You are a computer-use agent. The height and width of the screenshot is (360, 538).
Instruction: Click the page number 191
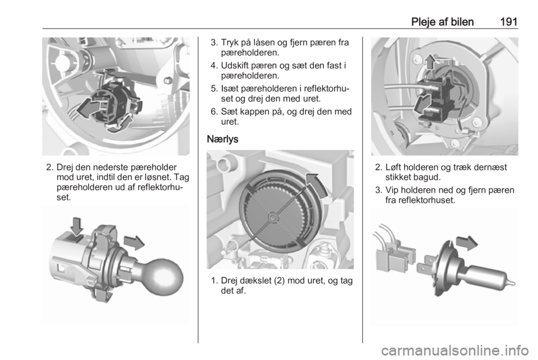click(x=508, y=22)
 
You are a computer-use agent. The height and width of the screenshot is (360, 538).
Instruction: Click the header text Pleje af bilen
click(x=442, y=22)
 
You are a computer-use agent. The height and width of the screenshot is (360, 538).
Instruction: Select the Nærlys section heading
click(x=222, y=139)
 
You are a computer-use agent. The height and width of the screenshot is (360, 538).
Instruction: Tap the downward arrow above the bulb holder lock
click(x=77, y=226)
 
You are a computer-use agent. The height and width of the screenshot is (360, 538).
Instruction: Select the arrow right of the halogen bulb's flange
click(x=467, y=243)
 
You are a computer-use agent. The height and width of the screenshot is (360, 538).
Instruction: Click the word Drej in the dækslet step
click(x=229, y=281)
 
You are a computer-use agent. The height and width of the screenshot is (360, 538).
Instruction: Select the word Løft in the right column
click(x=394, y=167)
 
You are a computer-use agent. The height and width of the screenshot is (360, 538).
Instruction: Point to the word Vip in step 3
click(x=392, y=190)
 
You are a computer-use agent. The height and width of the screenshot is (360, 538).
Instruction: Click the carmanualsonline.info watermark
click(x=454, y=350)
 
